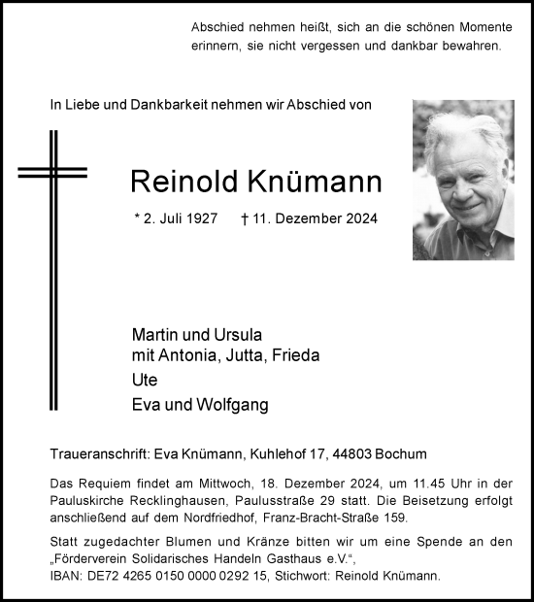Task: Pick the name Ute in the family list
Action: pos(144,381)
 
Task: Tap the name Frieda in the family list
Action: pos(295,356)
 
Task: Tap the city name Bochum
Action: pos(402,454)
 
